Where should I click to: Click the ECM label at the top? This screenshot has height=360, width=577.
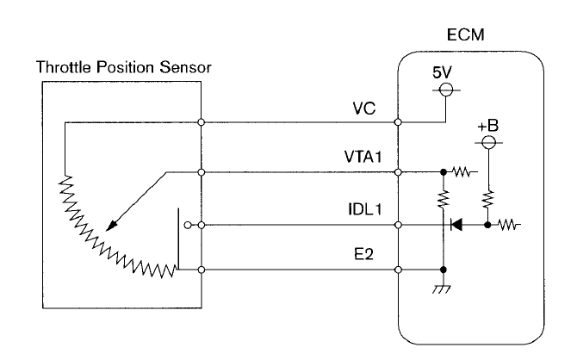pos(466,38)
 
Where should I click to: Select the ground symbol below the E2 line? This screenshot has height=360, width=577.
pos(444,290)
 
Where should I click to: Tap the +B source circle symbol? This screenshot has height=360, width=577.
pos(488,140)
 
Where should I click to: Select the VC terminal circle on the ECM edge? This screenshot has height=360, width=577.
pos(399,122)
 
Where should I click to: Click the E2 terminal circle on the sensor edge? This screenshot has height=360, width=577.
pos(200,270)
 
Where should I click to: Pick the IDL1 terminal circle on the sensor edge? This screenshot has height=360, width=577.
pos(200,226)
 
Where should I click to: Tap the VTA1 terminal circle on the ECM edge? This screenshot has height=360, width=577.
pos(399,172)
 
